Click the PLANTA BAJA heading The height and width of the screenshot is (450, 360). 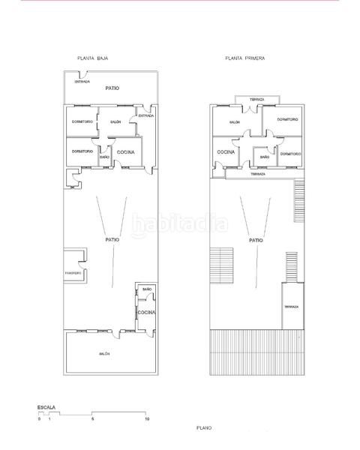(x=94, y=58)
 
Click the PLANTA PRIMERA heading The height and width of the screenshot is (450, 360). (x=244, y=58)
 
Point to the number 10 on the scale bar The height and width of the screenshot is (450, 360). (x=148, y=418)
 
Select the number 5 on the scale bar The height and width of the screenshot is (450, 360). (x=92, y=418)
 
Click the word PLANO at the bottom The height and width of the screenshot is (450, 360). (x=204, y=427)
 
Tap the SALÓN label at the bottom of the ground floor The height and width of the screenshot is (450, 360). (x=104, y=353)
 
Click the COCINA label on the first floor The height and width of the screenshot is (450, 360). (x=226, y=152)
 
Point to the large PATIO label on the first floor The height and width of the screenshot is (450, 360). (x=256, y=240)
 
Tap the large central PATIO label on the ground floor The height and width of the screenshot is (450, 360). (x=112, y=240)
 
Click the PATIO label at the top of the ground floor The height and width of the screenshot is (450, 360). (x=112, y=88)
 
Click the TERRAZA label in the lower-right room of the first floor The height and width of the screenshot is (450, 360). (x=291, y=307)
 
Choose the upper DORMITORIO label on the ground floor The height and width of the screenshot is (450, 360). (x=82, y=121)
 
